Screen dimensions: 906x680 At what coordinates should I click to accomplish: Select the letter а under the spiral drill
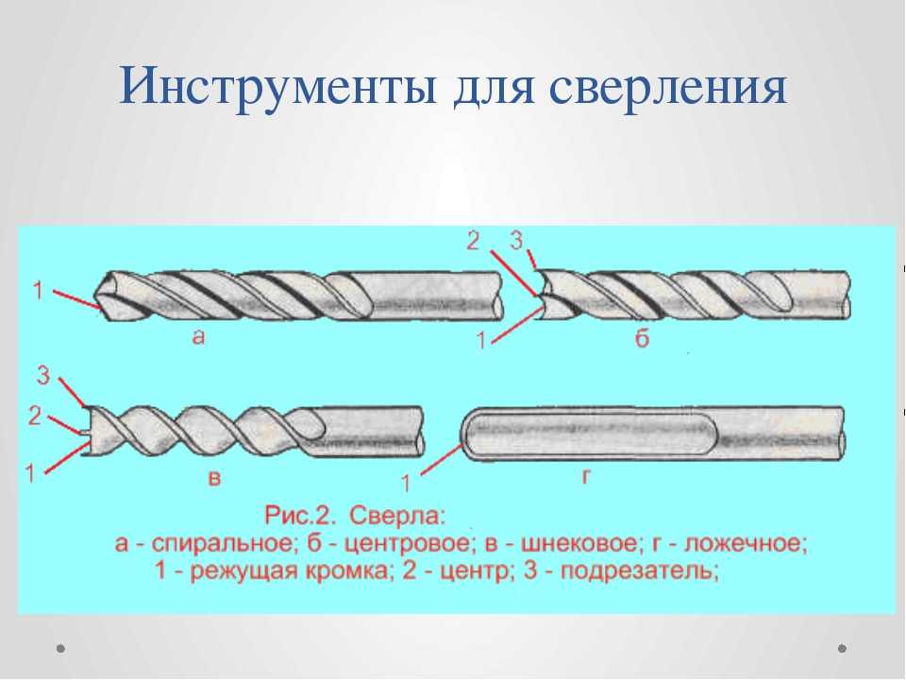click(x=198, y=336)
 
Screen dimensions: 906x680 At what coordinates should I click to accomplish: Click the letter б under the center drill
click(x=642, y=338)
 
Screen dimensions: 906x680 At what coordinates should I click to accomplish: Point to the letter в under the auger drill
click(x=214, y=478)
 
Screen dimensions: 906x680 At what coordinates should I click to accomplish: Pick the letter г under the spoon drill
click(x=586, y=476)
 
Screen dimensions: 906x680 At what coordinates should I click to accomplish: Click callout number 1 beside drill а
click(x=38, y=290)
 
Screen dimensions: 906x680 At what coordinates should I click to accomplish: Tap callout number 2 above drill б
click(x=473, y=241)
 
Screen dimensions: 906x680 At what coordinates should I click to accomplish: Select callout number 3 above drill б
click(x=516, y=240)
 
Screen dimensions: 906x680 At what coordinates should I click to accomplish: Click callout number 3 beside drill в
click(x=44, y=376)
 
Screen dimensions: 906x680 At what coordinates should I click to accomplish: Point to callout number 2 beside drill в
click(x=35, y=416)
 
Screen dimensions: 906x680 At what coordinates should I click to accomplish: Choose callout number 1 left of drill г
click(x=406, y=483)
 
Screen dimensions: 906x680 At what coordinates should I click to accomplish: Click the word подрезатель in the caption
click(x=640, y=571)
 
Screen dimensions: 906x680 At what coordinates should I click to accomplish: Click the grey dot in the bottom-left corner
click(x=60, y=648)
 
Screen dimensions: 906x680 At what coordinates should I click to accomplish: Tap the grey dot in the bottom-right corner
click(x=842, y=648)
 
